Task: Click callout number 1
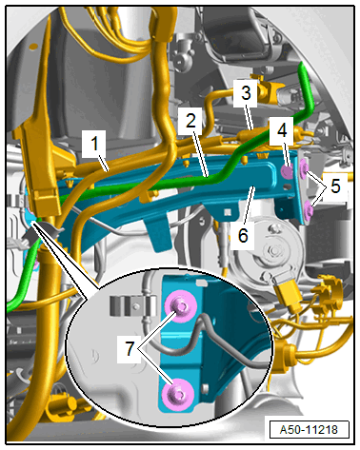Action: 94,145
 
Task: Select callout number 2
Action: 190,121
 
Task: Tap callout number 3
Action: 246,93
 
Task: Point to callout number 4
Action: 282,129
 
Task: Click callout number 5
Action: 335,186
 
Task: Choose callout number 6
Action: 243,236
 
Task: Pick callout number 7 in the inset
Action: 130,349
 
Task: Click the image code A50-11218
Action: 309,430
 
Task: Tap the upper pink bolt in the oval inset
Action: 181,306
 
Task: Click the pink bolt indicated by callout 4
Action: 288,172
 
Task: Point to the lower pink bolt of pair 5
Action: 309,210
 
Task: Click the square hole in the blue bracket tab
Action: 228,212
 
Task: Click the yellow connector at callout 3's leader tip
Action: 245,135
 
